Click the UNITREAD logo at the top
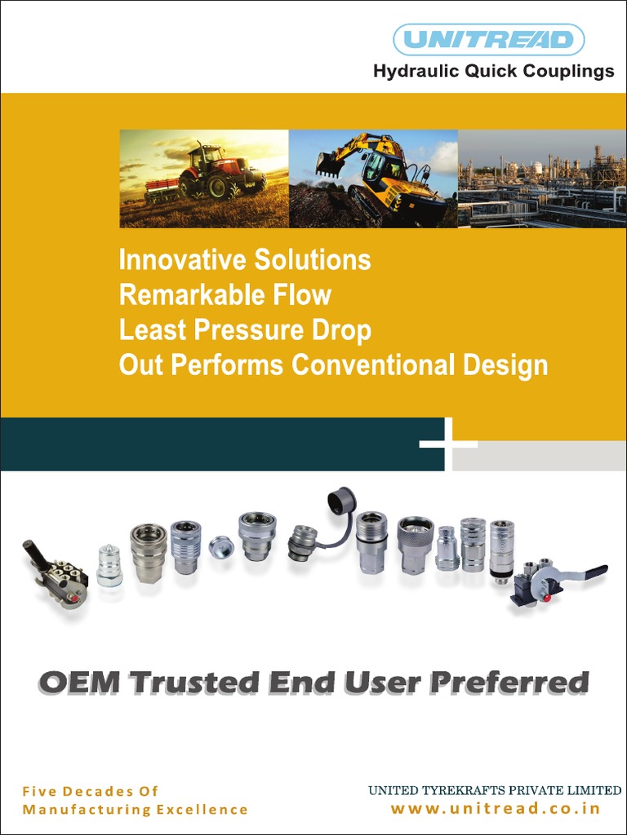point(488,39)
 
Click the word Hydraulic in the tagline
point(416,72)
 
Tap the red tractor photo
point(204,179)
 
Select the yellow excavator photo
point(373,179)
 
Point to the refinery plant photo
point(541,179)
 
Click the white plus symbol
point(447,444)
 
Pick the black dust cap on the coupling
point(342,501)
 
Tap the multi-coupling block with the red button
point(57,577)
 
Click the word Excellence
point(201,810)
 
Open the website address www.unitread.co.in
point(496,809)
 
